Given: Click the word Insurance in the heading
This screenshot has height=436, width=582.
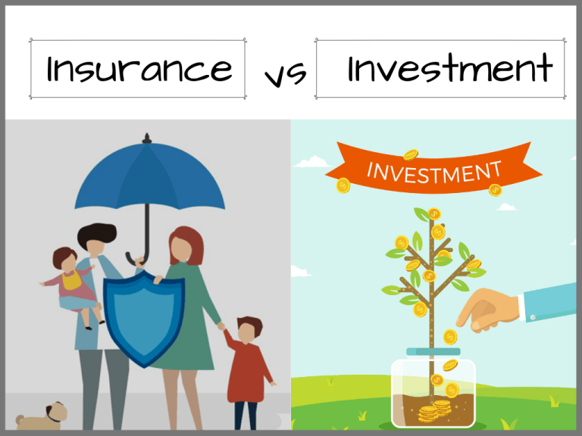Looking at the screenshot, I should [139, 70].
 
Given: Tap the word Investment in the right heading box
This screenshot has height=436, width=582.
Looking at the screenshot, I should [449, 70].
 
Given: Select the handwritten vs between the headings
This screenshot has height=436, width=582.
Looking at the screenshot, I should [285, 74].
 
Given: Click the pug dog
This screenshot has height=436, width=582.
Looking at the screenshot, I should [43, 415].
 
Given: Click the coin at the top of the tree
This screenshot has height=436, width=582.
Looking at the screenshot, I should [433, 214].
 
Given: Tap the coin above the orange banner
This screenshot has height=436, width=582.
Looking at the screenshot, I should [411, 155].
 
